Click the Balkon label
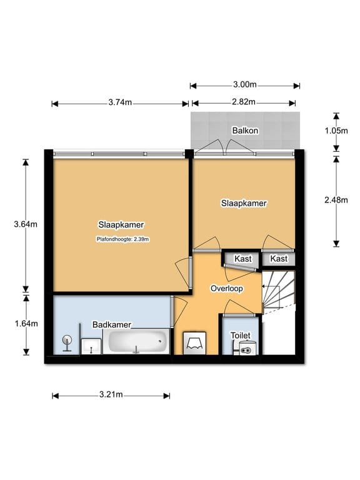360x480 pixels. coord(245,131)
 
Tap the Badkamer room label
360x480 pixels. coord(111,325)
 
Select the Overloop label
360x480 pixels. coord(226,289)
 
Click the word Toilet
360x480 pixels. coord(241,336)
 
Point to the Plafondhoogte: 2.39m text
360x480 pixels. coord(123,238)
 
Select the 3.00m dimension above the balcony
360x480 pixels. coord(244,86)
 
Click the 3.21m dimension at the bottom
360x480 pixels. coord(111,395)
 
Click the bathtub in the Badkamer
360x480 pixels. coord(139,342)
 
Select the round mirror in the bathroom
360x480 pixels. coord(67,342)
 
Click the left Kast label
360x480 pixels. coord(242,259)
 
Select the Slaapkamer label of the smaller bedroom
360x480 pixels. coord(244,203)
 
